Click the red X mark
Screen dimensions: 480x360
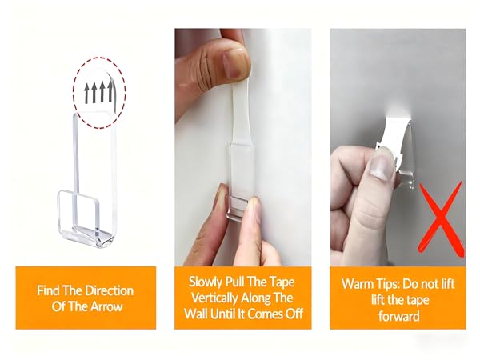click(x=440, y=218)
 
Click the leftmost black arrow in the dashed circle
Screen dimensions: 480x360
click(x=87, y=94)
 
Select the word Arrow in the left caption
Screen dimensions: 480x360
click(x=106, y=306)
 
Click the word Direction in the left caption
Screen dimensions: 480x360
click(x=109, y=290)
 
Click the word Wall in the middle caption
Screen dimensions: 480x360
click(x=195, y=314)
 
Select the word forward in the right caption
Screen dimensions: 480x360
click(x=398, y=316)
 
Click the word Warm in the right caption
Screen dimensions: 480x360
click(x=355, y=284)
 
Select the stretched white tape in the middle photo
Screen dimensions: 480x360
click(x=242, y=114)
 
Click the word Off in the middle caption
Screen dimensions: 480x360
click(x=294, y=314)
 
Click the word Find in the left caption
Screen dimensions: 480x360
click(x=48, y=290)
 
